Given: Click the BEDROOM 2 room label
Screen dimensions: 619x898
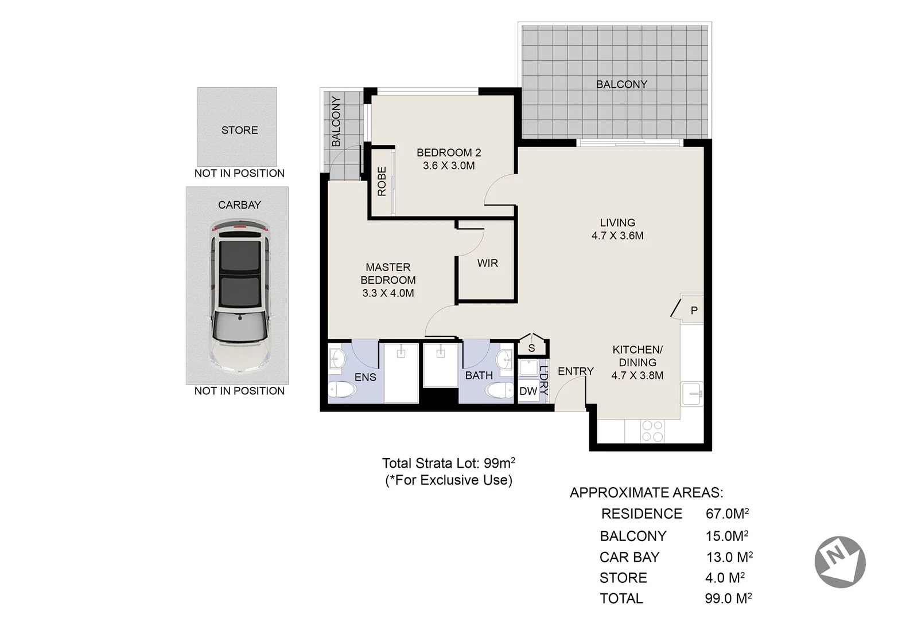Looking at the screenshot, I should (448, 159).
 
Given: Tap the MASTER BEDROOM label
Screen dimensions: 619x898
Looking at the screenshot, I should (388, 280).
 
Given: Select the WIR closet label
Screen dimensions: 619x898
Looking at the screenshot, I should (487, 263).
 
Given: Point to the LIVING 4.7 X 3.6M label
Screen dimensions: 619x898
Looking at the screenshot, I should (617, 229).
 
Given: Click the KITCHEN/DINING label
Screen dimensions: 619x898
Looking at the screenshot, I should (637, 362).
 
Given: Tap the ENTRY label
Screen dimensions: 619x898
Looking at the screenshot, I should (576, 371).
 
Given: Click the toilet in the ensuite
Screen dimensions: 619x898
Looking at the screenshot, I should (343, 390).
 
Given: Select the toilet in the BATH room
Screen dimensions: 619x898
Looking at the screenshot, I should (499, 391).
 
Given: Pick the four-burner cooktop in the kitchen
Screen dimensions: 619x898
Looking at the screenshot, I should (652, 431).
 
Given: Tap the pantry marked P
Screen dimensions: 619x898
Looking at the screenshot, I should (693, 310).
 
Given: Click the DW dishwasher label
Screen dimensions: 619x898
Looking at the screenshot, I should (528, 391).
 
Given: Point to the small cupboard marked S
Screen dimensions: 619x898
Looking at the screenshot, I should (531, 348).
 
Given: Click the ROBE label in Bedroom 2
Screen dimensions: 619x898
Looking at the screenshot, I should (382, 182).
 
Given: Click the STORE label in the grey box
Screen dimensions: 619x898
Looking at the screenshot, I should (239, 130).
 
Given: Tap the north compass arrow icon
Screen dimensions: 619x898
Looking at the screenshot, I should (839, 562).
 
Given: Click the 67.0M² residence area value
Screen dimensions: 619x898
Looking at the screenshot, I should (727, 514).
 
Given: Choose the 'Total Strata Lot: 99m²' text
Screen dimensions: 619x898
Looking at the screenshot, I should (448, 463).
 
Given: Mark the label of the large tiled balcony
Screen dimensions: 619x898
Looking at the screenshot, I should (621, 84).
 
